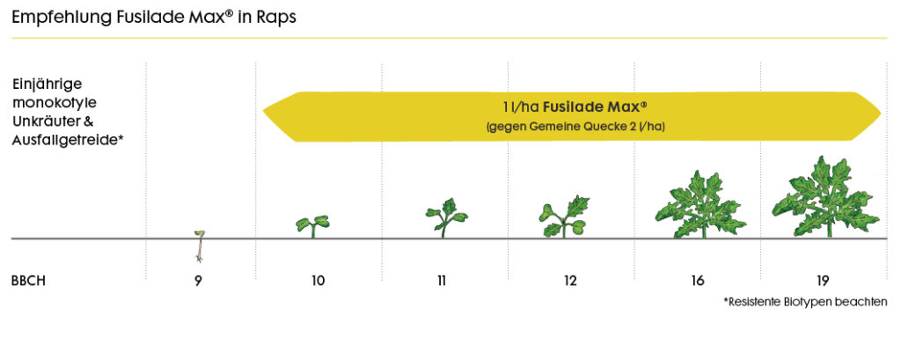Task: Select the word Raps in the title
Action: [x=275, y=18]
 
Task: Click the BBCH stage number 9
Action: [x=198, y=282]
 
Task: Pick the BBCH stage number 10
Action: [x=318, y=282]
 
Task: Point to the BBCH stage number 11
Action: [x=441, y=282]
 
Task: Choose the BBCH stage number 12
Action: [x=570, y=282]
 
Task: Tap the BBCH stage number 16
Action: [x=697, y=282]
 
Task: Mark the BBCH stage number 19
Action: [x=822, y=282]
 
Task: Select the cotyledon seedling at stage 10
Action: [x=311, y=224]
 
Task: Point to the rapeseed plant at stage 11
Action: [x=445, y=218]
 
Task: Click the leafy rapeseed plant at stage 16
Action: [x=697, y=207]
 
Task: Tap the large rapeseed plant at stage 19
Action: [x=824, y=200]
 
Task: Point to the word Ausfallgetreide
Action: [x=67, y=138]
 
